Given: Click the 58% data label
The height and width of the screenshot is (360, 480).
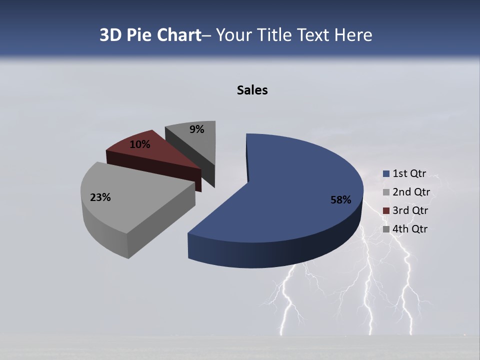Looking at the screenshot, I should click(340, 200).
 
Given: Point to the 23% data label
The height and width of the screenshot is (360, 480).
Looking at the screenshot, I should click(100, 197).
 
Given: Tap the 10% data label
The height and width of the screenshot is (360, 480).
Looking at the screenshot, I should click(139, 144).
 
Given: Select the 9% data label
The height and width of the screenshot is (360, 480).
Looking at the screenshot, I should click(197, 129).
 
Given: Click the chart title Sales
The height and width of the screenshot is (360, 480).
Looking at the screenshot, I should click(252, 90).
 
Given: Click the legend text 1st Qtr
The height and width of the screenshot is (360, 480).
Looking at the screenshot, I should click(409, 173).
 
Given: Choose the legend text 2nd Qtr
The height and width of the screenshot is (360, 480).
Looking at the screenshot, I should click(411, 192).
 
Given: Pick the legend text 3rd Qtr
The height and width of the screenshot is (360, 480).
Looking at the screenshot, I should click(410, 210).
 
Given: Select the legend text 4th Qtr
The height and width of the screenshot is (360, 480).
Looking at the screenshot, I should click(410, 229).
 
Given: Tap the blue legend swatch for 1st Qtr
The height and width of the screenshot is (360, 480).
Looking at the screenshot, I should click(386, 174).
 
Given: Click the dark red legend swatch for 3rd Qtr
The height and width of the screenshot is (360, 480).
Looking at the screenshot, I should click(386, 211).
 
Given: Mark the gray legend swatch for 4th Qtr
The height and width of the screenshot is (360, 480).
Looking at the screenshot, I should click(386, 229).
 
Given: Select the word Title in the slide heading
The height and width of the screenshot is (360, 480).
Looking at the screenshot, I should click(274, 35).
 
